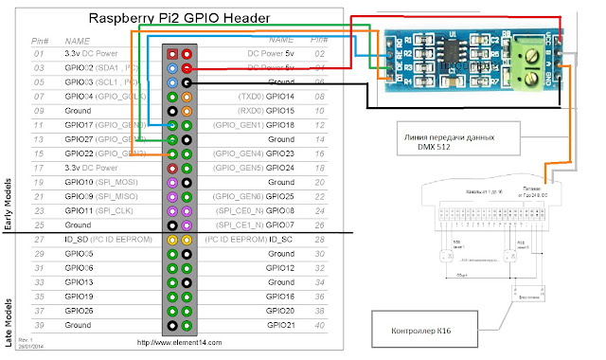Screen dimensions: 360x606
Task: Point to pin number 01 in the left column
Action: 39,55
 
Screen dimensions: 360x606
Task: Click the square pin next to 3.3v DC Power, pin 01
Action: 171,56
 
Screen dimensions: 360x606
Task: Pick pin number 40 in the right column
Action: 319,324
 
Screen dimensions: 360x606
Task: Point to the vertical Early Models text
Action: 9,201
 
